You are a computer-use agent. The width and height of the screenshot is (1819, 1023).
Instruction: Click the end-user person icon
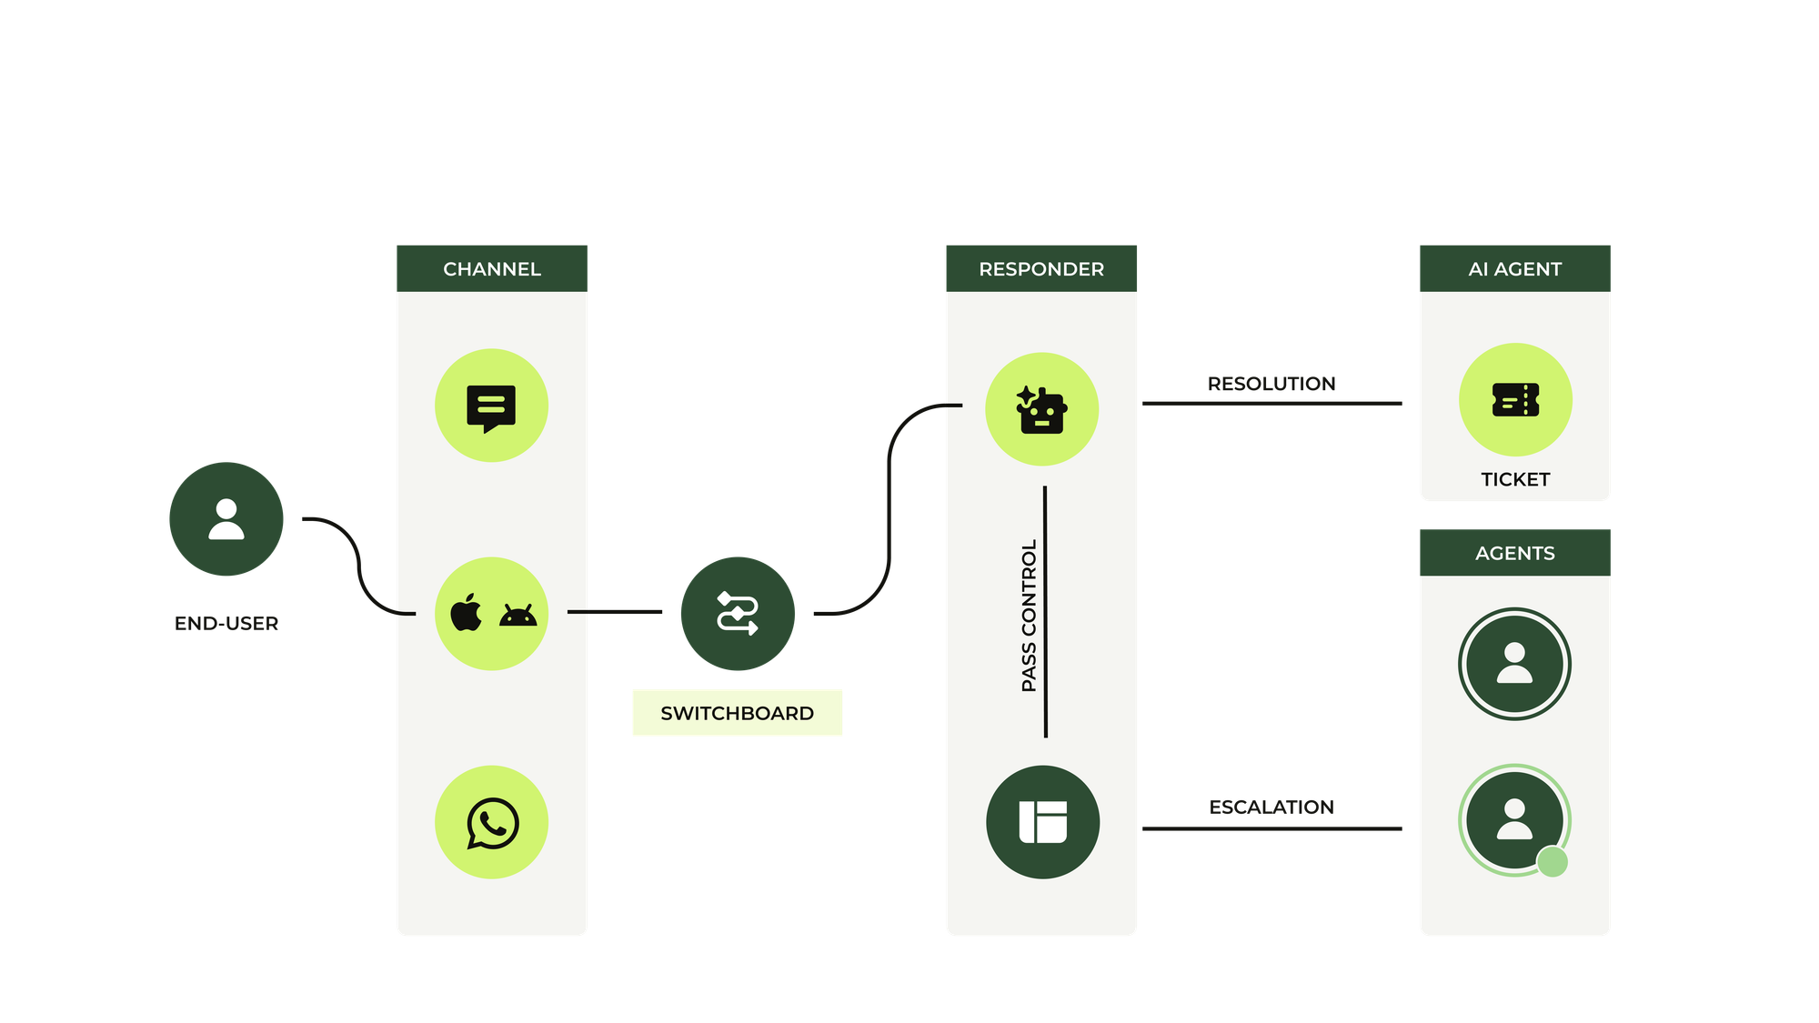tap(226, 519)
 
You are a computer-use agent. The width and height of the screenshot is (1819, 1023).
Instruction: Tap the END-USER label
tap(226, 624)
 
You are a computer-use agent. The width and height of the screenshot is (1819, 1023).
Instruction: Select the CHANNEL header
tap(492, 268)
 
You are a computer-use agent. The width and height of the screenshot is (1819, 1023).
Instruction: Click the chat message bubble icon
tap(491, 406)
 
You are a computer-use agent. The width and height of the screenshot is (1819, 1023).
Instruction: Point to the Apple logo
tap(467, 613)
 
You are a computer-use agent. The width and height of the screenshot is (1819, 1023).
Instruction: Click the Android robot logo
tap(518, 616)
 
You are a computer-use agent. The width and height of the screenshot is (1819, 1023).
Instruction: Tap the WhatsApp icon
tap(492, 823)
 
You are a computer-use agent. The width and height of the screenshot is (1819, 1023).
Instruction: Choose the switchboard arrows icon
tap(738, 614)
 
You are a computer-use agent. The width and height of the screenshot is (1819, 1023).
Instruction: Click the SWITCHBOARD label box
tap(738, 713)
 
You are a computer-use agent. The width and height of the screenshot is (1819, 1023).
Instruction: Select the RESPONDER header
tap(1041, 268)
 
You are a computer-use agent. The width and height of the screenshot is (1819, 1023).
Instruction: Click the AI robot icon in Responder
tap(1042, 410)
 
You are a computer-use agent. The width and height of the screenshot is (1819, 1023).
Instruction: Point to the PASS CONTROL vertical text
tap(1029, 616)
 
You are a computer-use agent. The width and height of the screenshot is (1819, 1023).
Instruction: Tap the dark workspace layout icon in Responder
tap(1043, 822)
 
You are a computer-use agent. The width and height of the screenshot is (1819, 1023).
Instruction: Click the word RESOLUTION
tap(1271, 384)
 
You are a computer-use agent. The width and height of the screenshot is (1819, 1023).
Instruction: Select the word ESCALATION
tap(1271, 807)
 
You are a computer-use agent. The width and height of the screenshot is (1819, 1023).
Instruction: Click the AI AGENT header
tap(1515, 268)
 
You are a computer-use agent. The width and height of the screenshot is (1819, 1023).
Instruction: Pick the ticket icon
tap(1515, 400)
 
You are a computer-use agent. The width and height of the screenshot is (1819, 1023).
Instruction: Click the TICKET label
tap(1515, 479)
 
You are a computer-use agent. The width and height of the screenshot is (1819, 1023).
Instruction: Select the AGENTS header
tap(1515, 553)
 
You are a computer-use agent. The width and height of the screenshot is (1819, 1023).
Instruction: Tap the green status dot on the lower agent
tap(1553, 861)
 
